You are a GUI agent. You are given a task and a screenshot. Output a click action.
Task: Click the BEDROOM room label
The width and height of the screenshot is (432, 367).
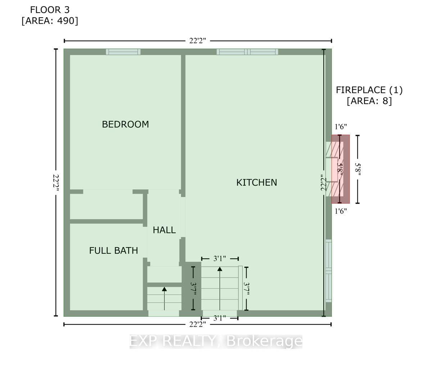(x=125, y=124)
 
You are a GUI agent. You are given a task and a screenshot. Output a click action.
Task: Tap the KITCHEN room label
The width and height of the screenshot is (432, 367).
(x=257, y=182)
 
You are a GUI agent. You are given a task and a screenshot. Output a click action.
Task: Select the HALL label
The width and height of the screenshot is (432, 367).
(x=164, y=230)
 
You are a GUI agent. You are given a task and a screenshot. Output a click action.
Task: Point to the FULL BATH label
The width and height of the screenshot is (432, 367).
(x=113, y=250)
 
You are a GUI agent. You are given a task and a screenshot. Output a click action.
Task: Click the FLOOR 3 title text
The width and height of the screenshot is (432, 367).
(x=50, y=10)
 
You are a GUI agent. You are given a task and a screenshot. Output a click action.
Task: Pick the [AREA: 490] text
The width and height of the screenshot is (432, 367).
(x=50, y=21)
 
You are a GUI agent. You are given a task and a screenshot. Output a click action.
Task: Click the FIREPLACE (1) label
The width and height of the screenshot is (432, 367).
(x=369, y=90)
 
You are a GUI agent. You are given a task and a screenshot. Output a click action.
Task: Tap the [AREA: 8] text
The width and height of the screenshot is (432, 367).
(x=369, y=101)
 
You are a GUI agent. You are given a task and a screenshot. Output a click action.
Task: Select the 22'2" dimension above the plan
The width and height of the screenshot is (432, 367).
(x=198, y=41)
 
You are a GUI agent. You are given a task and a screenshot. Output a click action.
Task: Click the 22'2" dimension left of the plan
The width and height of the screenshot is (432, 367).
(x=56, y=183)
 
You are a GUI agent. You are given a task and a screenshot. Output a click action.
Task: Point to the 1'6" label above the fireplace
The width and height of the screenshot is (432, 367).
(x=341, y=127)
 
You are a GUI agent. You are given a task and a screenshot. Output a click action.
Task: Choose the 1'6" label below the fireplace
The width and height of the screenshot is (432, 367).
(x=341, y=211)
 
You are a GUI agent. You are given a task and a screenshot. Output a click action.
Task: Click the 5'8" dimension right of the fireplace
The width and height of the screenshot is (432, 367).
(x=358, y=169)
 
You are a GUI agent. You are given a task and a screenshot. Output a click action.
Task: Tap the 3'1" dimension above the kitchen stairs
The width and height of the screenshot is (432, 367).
(x=220, y=259)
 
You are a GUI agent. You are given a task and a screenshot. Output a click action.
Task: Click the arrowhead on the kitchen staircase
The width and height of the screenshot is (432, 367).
(x=220, y=269)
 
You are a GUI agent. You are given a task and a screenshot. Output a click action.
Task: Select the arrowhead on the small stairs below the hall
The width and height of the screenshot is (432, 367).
(x=164, y=289)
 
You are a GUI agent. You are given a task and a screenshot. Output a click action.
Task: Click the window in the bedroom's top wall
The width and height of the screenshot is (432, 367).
(x=123, y=52)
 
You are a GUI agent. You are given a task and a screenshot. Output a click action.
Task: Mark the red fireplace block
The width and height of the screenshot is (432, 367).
(x=341, y=169)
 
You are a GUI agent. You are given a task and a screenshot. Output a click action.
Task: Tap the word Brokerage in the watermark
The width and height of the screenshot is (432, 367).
(x=264, y=341)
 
